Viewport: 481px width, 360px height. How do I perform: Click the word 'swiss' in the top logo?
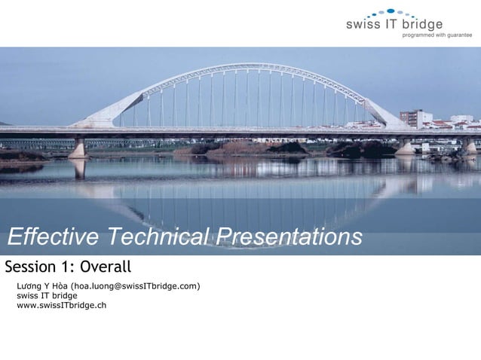pos(362,24)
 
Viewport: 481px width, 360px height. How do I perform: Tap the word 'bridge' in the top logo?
pos(422,24)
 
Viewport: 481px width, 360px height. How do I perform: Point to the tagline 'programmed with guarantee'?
pos(437,35)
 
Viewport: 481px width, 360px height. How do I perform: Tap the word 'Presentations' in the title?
pos(288,237)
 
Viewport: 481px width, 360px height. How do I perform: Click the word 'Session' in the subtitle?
pos(31,267)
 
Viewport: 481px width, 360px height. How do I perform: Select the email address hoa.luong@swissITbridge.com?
pos(135,286)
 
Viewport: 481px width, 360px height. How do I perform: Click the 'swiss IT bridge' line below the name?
pos(47,295)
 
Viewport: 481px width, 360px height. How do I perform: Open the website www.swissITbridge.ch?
pos(61,305)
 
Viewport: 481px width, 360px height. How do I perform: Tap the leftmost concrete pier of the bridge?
pos(78,148)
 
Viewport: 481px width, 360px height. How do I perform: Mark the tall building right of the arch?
pos(412,118)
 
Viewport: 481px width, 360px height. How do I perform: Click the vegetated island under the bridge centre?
pos(241,148)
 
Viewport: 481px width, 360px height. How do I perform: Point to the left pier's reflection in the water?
pos(78,169)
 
